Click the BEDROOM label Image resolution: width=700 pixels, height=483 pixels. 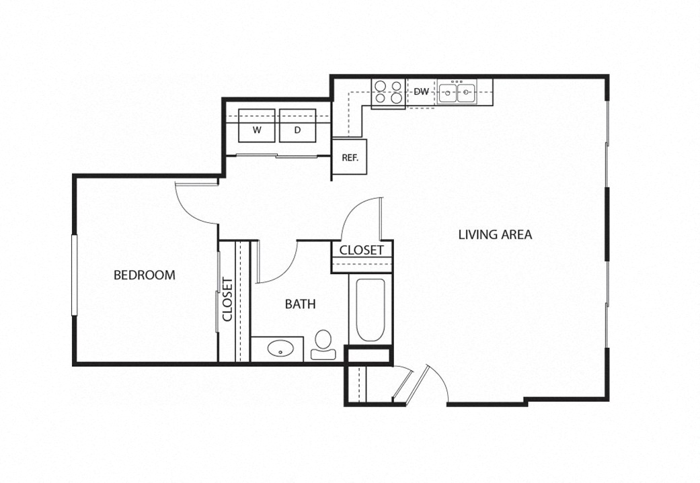click(144, 275)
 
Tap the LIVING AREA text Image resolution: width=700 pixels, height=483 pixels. click(495, 234)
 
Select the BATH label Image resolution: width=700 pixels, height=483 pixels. click(300, 304)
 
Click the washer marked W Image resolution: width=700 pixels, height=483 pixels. click(257, 126)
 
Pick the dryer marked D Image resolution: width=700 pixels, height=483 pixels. click(297, 126)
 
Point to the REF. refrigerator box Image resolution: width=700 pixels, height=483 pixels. click(350, 159)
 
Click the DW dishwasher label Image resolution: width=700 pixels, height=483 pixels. click(422, 91)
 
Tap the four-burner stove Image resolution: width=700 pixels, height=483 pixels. click(388, 93)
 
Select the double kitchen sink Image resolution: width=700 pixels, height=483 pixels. click(457, 92)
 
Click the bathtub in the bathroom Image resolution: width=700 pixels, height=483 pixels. click(370, 310)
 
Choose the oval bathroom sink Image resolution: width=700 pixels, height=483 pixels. click(279, 349)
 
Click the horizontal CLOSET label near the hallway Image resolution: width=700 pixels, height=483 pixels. click(361, 251)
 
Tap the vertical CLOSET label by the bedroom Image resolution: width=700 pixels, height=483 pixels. click(227, 300)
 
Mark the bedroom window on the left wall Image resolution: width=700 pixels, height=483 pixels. click(75, 273)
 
